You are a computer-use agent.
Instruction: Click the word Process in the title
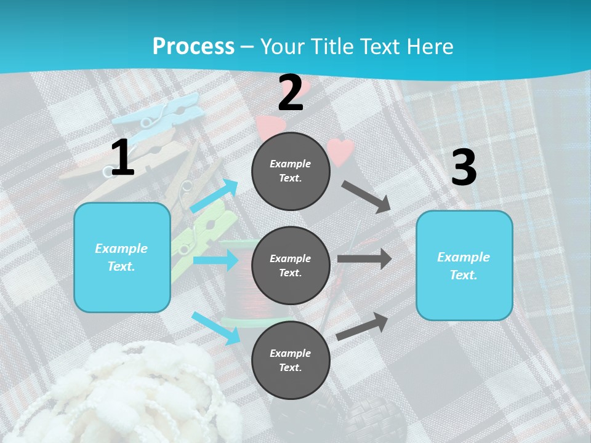coord(193,46)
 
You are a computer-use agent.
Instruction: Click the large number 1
coord(122,158)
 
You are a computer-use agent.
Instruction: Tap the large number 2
coord(291,92)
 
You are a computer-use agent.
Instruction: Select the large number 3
coord(464,167)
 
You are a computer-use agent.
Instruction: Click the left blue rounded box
coord(122,257)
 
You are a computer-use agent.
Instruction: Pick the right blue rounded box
coord(464,266)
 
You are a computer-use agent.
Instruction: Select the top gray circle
coord(291,171)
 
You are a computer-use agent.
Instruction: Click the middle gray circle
coord(291,265)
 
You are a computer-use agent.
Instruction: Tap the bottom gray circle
coord(291,360)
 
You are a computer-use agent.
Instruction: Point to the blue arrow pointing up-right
coord(214,196)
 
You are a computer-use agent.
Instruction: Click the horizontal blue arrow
coord(215,260)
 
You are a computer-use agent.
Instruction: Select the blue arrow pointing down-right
coord(215,327)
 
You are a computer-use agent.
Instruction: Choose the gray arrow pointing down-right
coord(366,196)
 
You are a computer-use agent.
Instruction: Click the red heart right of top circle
coord(340,151)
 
